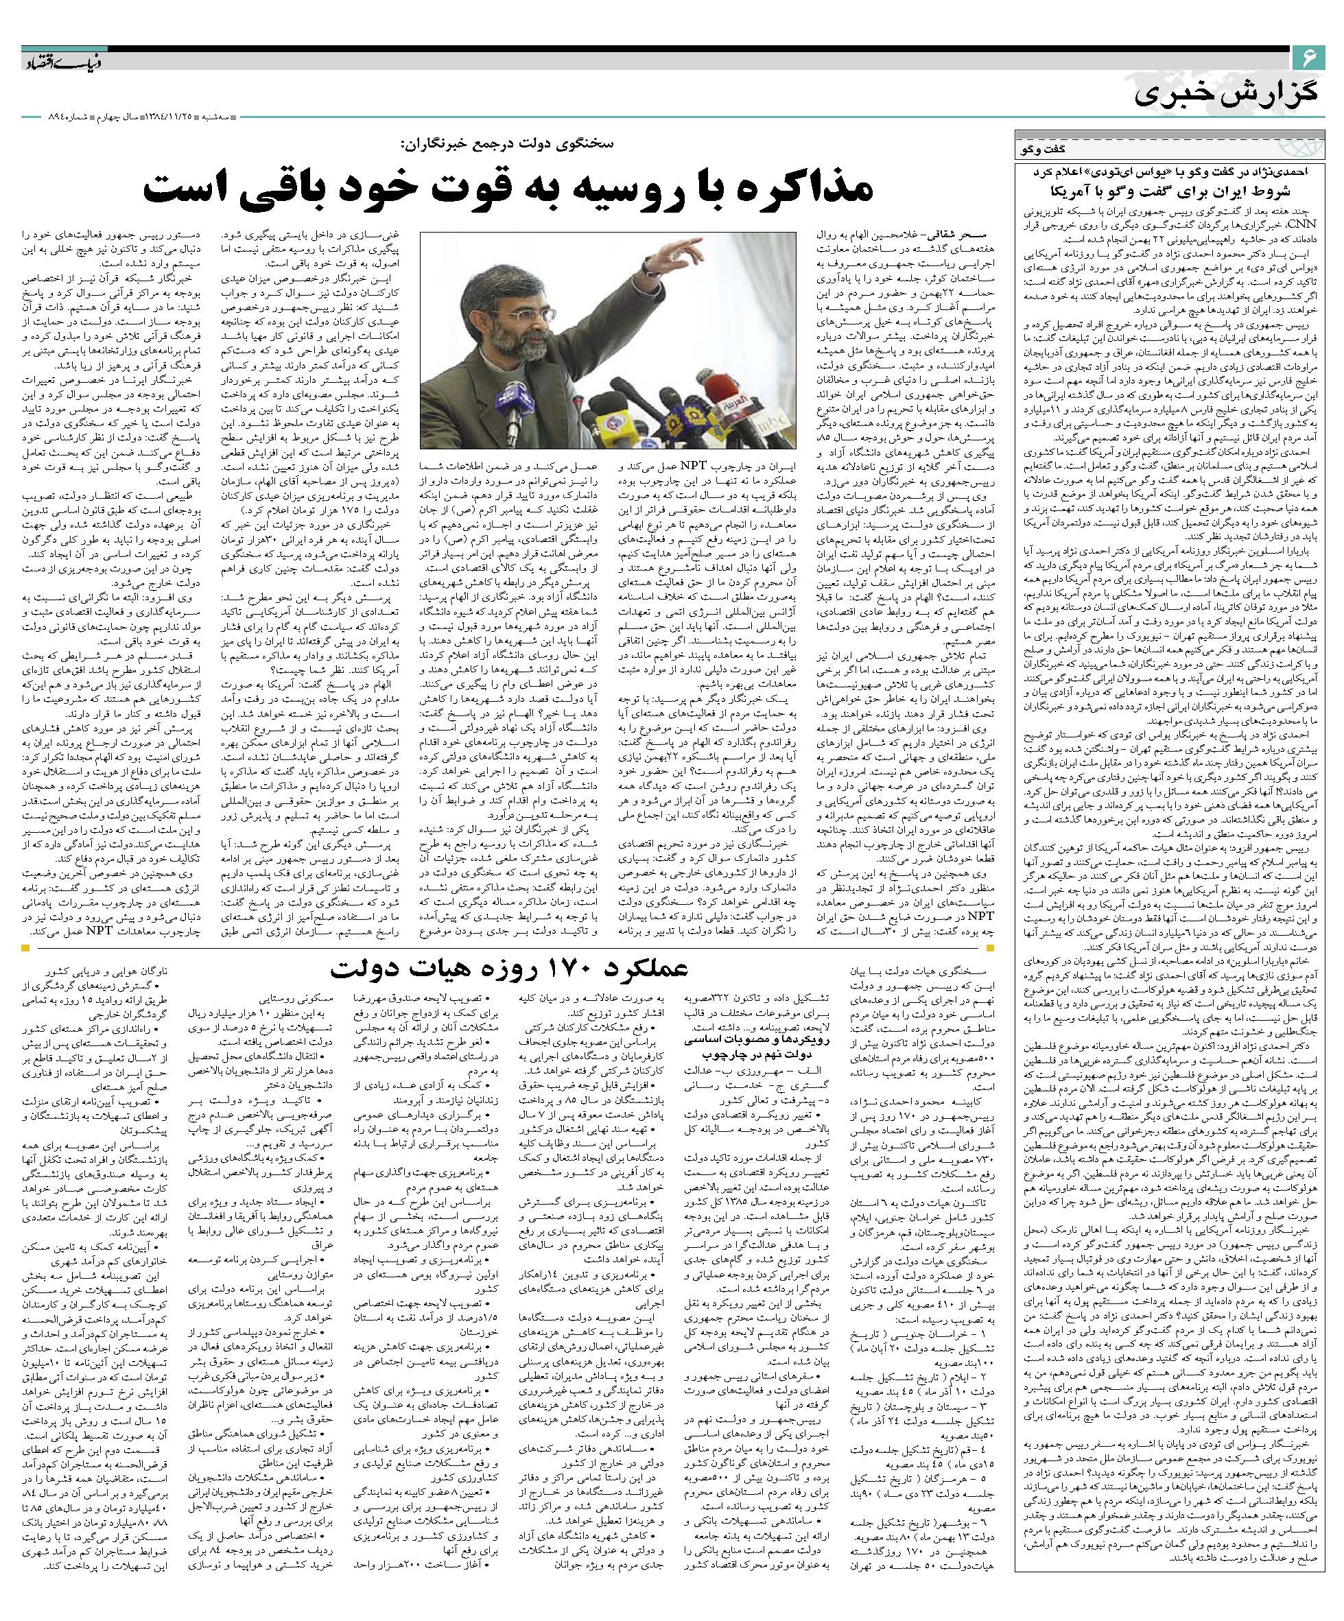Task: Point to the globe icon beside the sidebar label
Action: [x=1305, y=147]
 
